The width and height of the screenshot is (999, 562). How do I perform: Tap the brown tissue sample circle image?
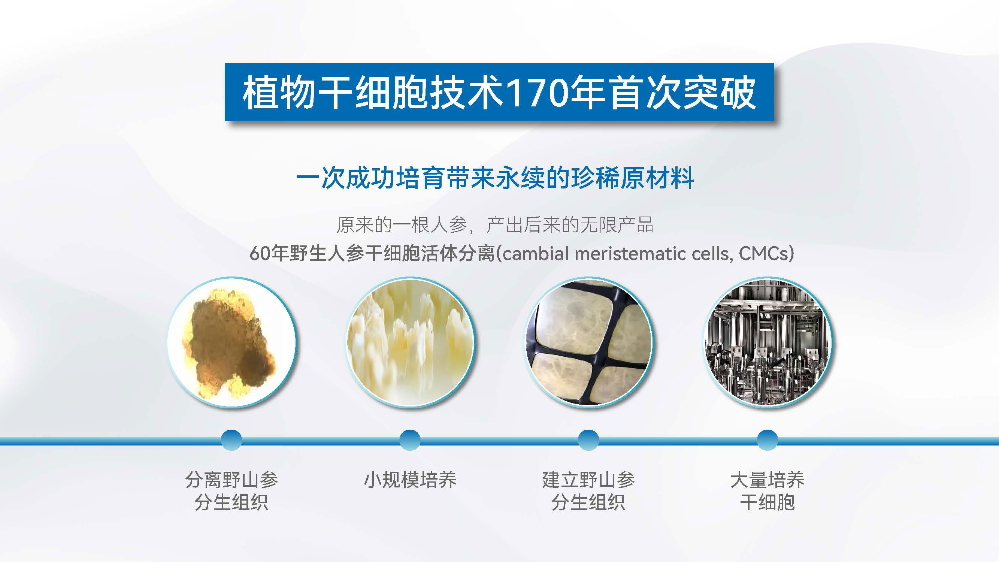[x=231, y=342]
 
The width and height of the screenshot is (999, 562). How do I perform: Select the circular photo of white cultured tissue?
[x=410, y=342]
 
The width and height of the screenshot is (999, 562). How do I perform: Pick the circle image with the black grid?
[x=589, y=342]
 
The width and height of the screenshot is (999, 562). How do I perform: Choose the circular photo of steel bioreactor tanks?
[x=768, y=342]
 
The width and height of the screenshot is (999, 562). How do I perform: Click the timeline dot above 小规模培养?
[x=410, y=440]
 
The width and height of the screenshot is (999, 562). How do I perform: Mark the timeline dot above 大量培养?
[x=768, y=440]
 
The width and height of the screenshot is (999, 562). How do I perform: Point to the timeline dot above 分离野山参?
[x=231, y=440]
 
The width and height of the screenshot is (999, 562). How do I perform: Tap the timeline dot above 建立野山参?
[x=589, y=440]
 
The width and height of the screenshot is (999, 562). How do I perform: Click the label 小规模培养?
[x=410, y=480]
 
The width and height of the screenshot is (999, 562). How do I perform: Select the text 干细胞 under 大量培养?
[x=768, y=502]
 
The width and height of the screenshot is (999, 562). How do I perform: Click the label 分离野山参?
[x=231, y=480]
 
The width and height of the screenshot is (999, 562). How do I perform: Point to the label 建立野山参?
[x=589, y=480]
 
